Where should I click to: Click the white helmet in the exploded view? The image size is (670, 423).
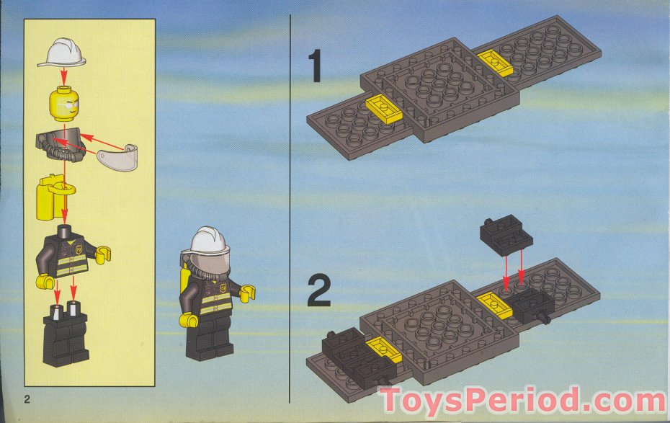pyautogui.click(x=63, y=53)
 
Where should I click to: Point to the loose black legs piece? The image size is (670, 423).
pyautogui.click(x=66, y=334)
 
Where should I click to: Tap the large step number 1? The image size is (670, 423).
pyautogui.click(x=316, y=66)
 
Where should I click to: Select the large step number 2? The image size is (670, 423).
pyautogui.click(x=318, y=291)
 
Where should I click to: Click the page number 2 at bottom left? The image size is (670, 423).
pyautogui.click(x=27, y=399)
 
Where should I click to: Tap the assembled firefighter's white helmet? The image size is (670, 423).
pyautogui.click(x=209, y=241)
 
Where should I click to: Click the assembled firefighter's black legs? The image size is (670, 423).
pyautogui.click(x=209, y=339)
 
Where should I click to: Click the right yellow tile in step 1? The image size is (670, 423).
pyautogui.click(x=495, y=63)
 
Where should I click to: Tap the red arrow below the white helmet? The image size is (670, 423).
pyautogui.click(x=64, y=76)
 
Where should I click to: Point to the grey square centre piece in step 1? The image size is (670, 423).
pyautogui.click(x=440, y=90)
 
